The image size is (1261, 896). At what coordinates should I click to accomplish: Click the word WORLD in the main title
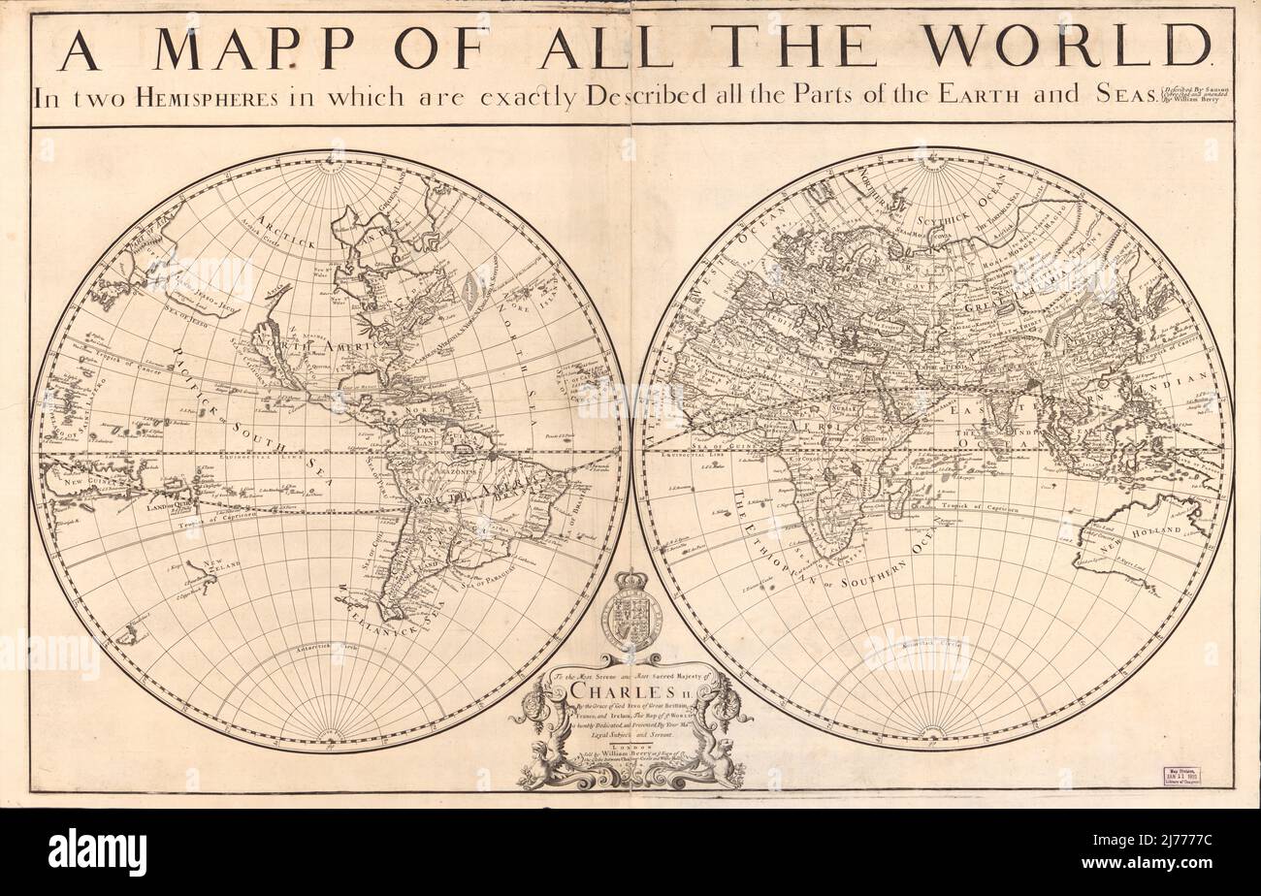1065,48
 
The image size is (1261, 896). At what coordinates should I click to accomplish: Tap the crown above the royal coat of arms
631,584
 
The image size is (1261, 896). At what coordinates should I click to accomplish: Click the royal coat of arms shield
631,621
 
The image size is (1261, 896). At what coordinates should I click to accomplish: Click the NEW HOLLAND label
1153,531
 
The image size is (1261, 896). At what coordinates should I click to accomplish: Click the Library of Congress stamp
1180,775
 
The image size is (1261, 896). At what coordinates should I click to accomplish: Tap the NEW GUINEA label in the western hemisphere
78,474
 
